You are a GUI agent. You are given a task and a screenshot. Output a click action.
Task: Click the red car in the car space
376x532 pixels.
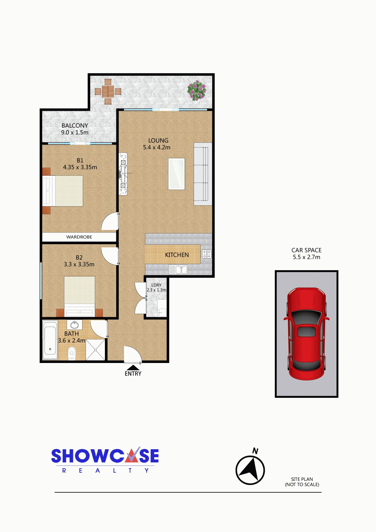[306, 334]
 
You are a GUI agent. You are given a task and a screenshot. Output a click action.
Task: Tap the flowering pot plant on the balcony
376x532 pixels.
[197, 90]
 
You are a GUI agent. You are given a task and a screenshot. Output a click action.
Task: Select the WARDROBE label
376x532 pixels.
[79, 237]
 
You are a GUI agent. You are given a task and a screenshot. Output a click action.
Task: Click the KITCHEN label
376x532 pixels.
[177, 255]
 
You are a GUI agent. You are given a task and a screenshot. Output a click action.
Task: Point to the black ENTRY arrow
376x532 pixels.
[133, 368]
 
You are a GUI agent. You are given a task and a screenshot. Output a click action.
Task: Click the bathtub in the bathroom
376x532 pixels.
[50, 340]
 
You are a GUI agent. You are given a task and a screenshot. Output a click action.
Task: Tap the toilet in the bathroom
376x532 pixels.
[71, 354]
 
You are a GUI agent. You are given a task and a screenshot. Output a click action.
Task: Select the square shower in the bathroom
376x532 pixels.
[95, 350]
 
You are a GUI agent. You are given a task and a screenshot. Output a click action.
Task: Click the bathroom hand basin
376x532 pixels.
[74, 325]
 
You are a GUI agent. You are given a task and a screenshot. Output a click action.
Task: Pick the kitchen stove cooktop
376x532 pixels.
[206, 254]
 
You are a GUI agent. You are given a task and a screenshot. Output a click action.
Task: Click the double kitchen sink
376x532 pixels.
[178, 269]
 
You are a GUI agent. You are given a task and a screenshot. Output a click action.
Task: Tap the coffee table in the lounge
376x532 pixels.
[177, 174]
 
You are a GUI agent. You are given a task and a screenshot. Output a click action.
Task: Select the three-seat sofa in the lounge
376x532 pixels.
[203, 174]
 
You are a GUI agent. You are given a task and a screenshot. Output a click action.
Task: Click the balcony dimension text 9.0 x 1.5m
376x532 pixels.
[75, 132]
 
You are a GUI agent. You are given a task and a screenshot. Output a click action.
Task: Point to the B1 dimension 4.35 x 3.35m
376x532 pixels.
[80, 167]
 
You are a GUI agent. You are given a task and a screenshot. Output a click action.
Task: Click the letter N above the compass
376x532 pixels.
[255, 451]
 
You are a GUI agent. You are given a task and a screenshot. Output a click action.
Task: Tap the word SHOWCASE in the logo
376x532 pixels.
[105, 456]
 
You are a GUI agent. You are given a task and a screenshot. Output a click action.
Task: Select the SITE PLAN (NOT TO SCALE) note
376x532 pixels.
[302, 482]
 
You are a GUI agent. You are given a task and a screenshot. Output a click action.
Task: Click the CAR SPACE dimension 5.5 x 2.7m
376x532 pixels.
[306, 257]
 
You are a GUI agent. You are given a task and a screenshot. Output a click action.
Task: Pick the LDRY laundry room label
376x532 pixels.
[156, 285]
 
